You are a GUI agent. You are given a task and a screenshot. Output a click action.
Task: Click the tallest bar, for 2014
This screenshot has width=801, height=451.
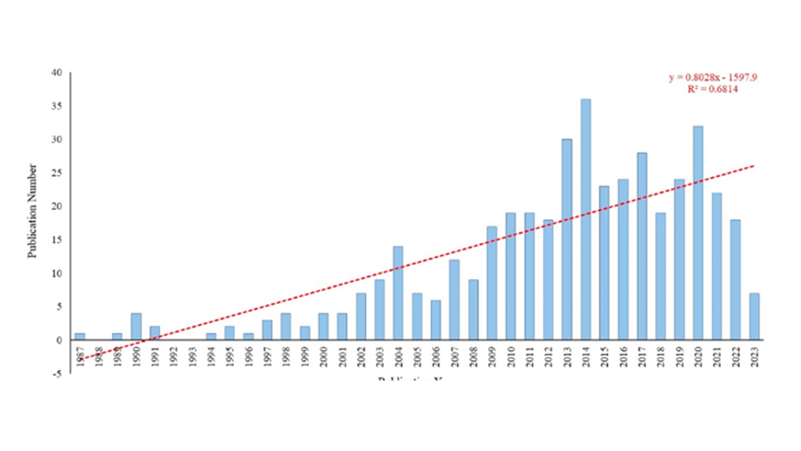(585, 219)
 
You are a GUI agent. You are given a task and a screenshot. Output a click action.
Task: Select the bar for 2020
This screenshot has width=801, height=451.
(698, 233)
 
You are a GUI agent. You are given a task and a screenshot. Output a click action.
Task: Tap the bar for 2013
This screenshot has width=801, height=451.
(567, 239)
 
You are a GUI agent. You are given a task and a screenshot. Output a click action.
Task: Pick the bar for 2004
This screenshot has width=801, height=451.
(398, 293)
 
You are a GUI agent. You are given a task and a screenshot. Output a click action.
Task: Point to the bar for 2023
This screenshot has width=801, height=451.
(754, 316)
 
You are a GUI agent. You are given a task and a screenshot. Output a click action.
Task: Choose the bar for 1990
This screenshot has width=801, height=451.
(136, 326)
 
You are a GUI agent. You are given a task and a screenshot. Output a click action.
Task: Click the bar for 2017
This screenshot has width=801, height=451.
(642, 246)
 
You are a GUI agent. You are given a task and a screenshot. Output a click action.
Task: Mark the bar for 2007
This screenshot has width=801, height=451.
(454, 299)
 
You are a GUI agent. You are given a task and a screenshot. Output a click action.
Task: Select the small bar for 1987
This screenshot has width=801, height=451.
(80, 336)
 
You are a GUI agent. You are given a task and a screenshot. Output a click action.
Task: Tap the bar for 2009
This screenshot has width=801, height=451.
(492, 283)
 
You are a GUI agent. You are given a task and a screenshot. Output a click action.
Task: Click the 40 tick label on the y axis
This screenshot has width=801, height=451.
(56, 73)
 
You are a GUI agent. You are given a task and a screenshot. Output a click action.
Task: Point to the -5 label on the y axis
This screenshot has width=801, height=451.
(56, 374)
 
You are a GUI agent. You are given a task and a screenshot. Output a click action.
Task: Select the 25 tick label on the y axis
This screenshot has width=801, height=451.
(56, 173)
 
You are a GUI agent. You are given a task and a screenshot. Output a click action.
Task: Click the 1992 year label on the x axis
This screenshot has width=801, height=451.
(174, 357)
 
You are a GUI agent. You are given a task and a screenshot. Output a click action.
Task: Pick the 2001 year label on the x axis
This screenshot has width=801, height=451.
(342, 357)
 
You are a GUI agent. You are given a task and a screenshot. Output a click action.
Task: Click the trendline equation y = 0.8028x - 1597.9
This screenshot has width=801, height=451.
(713, 78)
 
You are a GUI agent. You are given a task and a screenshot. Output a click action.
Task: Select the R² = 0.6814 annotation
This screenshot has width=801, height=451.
(713, 89)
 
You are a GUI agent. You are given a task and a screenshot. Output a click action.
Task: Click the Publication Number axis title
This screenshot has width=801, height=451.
(32, 211)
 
